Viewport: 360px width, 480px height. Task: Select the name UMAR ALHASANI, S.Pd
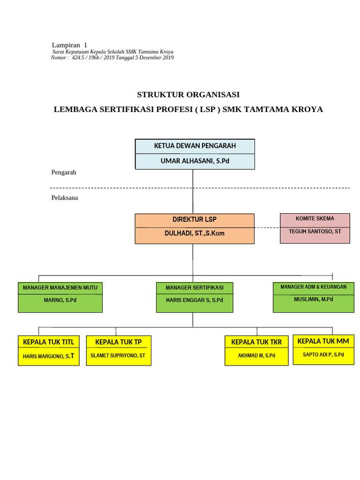[x=195, y=161]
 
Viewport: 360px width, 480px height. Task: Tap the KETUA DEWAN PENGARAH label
[x=195, y=146]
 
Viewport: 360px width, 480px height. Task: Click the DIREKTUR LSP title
[x=194, y=219]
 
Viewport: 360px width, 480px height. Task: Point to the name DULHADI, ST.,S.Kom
[x=194, y=233]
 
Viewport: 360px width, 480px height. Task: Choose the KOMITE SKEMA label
[x=315, y=219]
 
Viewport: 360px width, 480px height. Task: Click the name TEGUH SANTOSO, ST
[x=315, y=232]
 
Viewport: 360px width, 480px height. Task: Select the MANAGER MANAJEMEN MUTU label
[x=60, y=287]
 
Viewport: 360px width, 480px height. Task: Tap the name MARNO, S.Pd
[x=60, y=300]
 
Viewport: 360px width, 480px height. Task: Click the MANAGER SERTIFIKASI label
[x=194, y=287]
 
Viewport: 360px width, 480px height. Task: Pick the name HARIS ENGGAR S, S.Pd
[x=194, y=300]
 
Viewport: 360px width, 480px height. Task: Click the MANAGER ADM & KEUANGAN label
[x=313, y=287]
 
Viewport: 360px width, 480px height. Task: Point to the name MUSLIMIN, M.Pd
[x=313, y=299]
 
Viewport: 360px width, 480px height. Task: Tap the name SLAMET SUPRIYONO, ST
[x=118, y=356]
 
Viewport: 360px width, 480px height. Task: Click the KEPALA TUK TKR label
[x=256, y=342]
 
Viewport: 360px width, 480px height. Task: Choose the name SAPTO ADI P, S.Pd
[x=323, y=355]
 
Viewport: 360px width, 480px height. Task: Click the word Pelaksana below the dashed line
[x=65, y=198]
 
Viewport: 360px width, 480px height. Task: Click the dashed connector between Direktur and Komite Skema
[x=267, y=228]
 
